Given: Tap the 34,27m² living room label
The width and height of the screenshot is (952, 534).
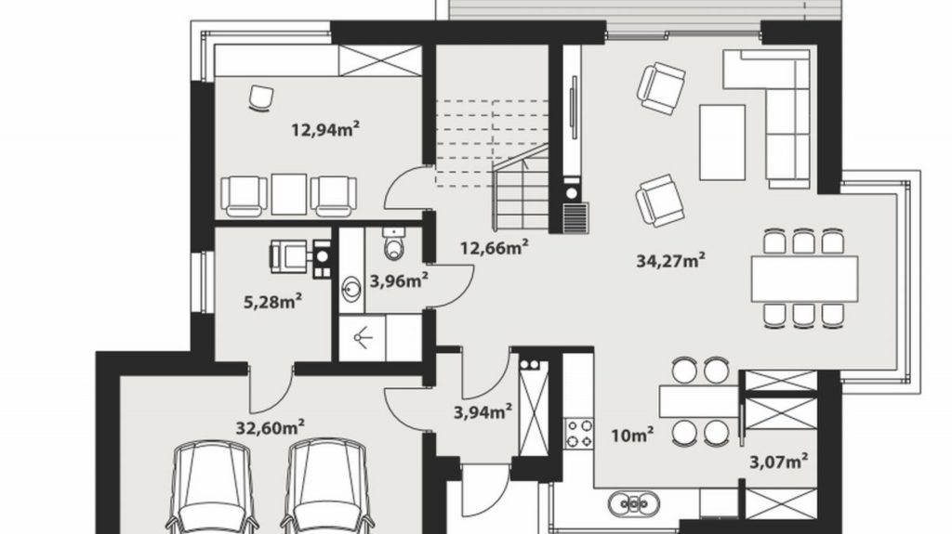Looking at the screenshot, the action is click(671, 261).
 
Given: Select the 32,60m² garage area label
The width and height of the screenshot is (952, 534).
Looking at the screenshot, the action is click(271, 428).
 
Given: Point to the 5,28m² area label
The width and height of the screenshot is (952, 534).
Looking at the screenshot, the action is click(273, 302).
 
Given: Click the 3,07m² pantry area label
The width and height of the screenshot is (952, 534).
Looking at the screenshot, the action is click(779, 462).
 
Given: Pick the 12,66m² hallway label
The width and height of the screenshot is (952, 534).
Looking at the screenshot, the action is click(494, 248).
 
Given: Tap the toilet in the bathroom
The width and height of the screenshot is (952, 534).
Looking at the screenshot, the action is click(393, 242).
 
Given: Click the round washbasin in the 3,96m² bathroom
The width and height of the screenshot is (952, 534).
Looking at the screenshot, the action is click(351, 289).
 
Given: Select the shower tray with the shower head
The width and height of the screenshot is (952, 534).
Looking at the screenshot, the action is click(362, 337).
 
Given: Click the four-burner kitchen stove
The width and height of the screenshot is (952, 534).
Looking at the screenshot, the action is click(579, 434).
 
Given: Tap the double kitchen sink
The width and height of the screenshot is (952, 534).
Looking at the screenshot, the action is click(634, 503).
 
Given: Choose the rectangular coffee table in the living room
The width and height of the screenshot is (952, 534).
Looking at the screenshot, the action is click(722, 143).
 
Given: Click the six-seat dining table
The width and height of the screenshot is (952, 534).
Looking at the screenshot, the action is click(804, 280).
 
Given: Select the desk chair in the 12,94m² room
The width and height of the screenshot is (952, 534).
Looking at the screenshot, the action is click(261, 99).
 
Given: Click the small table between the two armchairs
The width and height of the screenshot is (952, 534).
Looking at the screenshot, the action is click(289, 194).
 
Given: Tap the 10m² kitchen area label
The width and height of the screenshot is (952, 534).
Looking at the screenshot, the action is click(632, 435).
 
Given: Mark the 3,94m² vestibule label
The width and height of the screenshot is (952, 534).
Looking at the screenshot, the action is click(483, 412).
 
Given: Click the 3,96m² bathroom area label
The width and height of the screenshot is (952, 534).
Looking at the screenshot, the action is click(399, 280).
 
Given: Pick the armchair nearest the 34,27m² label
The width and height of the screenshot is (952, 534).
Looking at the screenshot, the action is click(659, 201).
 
